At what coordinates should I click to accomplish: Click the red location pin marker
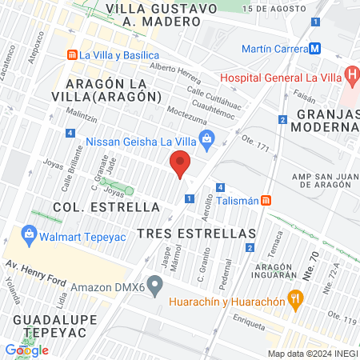tap(180, 166)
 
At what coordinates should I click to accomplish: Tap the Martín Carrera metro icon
tap(316, 49)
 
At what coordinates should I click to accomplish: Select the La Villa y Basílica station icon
tap(72, 55)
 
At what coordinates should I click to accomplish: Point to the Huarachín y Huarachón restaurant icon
tap(296, 302)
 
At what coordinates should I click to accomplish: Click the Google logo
tap(26, 350)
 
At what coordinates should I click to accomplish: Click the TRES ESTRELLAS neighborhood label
tap(196, 233)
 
